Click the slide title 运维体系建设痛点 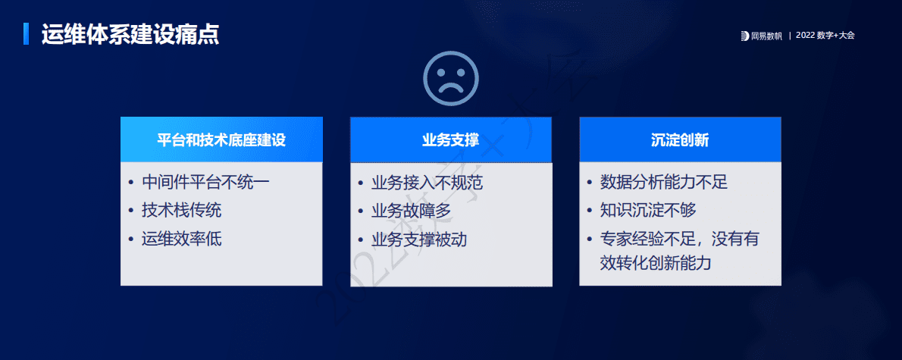pyautogui.click(x=130, y=35)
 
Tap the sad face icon pyautogui.click(x=450, y=78)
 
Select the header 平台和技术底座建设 pyautogui.click(x=221, y=140)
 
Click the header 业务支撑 pyautogui.click(x=451, y=140)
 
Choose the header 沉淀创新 pyautogui.click(x=680, y=140)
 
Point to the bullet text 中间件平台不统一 pyautogui.click(x=205, y=183)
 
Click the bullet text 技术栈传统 pyautogui.click(x=182, y=211)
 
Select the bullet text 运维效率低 pyautogui.click(x=182, y=239)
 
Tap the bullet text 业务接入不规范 pyautogui.click(x=427, y=183)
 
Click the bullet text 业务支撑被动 pyautogui.click(x=419, y=239)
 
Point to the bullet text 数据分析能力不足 pyautogui.click(x=664, y=183)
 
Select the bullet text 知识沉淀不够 pyautogui.click(x=648, y=211)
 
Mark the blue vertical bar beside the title pyautogui.click(x=27, y=34)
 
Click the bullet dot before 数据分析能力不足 pyautogui.click(x=589, y=183)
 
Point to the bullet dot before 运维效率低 pyautogui.click(x=130, y=239)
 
